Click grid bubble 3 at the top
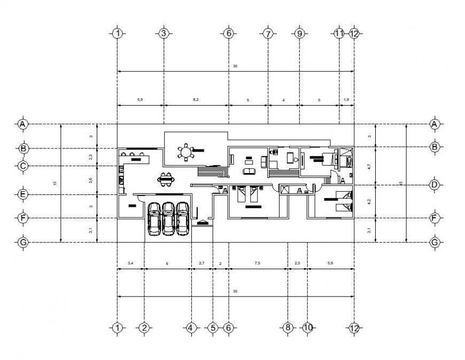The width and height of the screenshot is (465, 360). pyautogui.click(x=164, y=33)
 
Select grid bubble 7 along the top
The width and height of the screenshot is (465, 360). pyautogui.click(x=268, y=33)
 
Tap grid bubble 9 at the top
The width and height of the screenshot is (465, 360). pyautogui.click(x=299, y=33)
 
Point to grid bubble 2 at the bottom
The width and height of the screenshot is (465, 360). pyautogui.click(x=144, y=327)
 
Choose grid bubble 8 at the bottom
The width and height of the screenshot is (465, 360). pyautogui.click(x=288, y=327)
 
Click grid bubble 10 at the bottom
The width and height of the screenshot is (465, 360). pyautogui.click(x=307, y=327)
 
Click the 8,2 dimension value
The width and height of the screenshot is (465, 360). pyautogui.click(x=196, y=100)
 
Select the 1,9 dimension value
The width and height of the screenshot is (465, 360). pyautogui.click(x=346, y=100)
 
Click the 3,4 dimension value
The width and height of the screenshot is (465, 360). pyautogui.click(x=130, y=263)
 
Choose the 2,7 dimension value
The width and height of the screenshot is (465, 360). pyautogui.click(x=201, y=263)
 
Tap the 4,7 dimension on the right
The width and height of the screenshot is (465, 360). pyautogui.click(x=369, y=166)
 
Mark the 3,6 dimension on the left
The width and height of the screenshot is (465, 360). pyautogui.click(x=90, y=180)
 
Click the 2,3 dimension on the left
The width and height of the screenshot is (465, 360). pyautogui.click(x=90, y=156)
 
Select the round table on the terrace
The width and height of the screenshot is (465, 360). pyautogui.click(x=186, y=153)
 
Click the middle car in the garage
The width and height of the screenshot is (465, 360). pyautogui.click(x=168, y=218)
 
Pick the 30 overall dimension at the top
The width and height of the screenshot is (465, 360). pyautogui.click(x=235, y=66)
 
